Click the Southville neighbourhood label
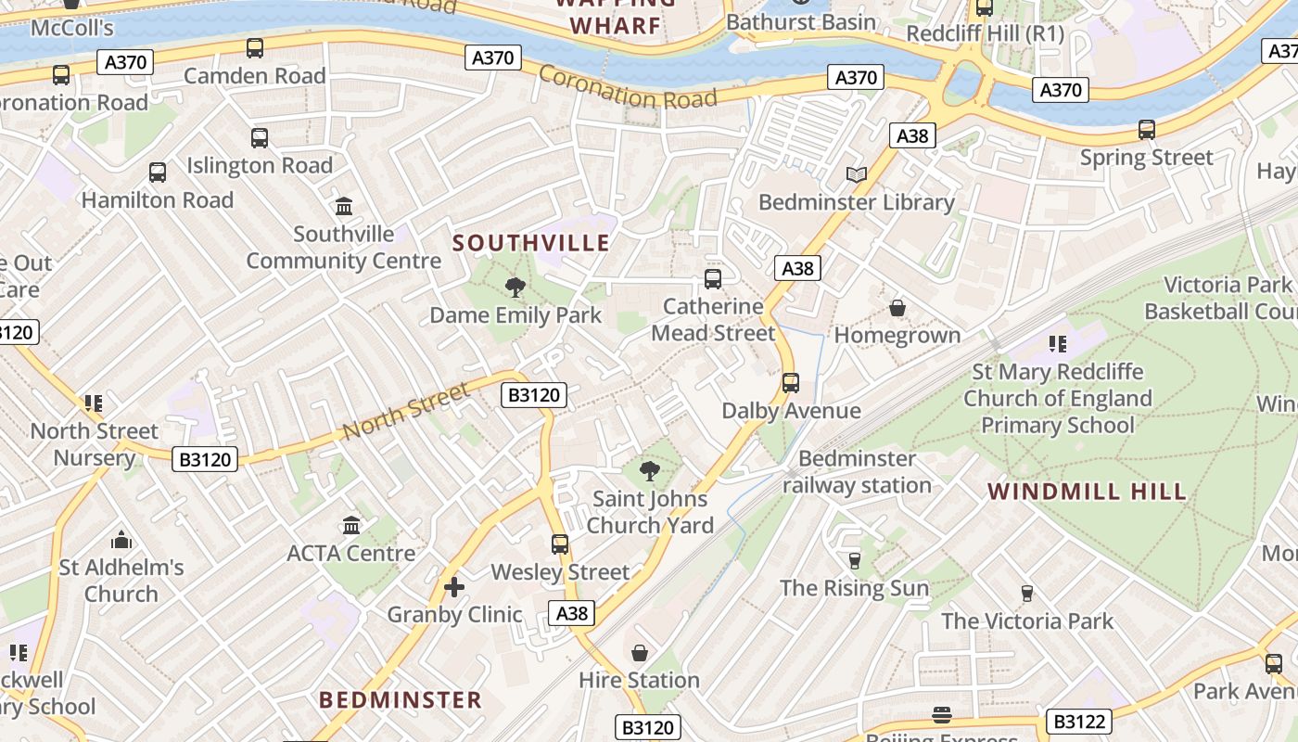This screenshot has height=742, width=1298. pos(531,243)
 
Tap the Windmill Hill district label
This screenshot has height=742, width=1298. pos(1087,492)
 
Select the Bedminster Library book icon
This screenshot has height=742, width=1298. pos(857,174)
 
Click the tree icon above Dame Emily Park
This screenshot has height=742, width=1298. pos(515,288)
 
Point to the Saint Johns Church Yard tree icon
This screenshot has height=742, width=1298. pos(650,471)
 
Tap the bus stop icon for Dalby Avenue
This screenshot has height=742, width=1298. pos(791,382)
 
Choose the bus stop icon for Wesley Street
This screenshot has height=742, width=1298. pos(560,544)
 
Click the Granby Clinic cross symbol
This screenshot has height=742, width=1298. pos(454,586)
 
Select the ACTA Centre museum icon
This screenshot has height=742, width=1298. pos(351,526)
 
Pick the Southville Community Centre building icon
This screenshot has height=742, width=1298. pos(344,205)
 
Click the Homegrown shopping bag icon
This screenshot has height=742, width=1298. pos(897,307)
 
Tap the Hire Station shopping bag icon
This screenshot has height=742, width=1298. pos(639,653)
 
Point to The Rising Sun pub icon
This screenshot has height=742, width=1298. pos(854,560)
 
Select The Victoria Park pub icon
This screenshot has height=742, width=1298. pos(1026,593)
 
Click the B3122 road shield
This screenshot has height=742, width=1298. pos(1079,721)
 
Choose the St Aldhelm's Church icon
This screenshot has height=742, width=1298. pos(121,540)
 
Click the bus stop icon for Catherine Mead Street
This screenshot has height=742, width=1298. pos(713,278)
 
